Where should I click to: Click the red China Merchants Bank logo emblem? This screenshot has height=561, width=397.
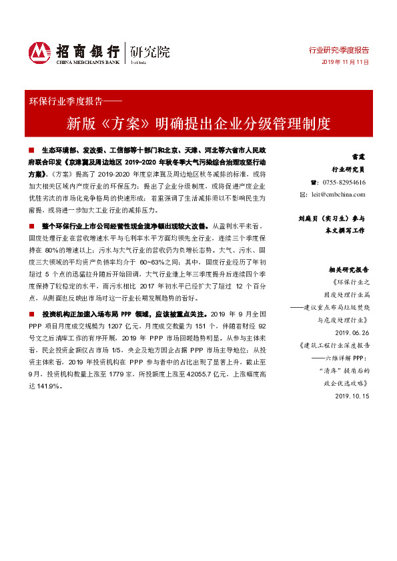click(39, 51)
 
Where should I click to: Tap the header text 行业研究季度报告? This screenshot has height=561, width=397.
click(339, 50)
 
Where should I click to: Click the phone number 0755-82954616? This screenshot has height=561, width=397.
click(343, 182)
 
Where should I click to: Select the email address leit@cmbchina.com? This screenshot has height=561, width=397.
click(343, 194)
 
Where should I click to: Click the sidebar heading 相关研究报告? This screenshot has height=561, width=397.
click(347, 271)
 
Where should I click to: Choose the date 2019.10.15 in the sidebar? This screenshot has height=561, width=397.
click(350, 396)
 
